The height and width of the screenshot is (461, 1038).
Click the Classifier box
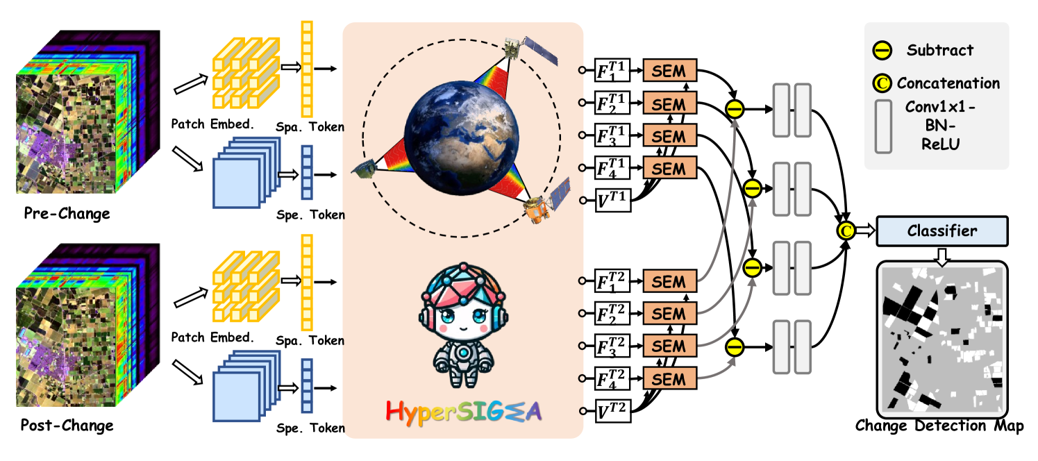coord(941,230)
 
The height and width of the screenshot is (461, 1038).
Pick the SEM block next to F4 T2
coord(669,378)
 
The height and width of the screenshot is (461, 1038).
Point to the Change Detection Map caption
coord(939,425)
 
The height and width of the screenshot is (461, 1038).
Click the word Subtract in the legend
coord(939,50)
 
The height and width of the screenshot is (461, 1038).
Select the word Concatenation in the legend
coord(948,83)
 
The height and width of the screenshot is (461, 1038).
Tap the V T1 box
coord(612,200)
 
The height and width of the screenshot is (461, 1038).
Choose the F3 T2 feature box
coord(612,346)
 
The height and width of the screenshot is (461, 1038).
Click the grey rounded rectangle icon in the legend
coord(884,126)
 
